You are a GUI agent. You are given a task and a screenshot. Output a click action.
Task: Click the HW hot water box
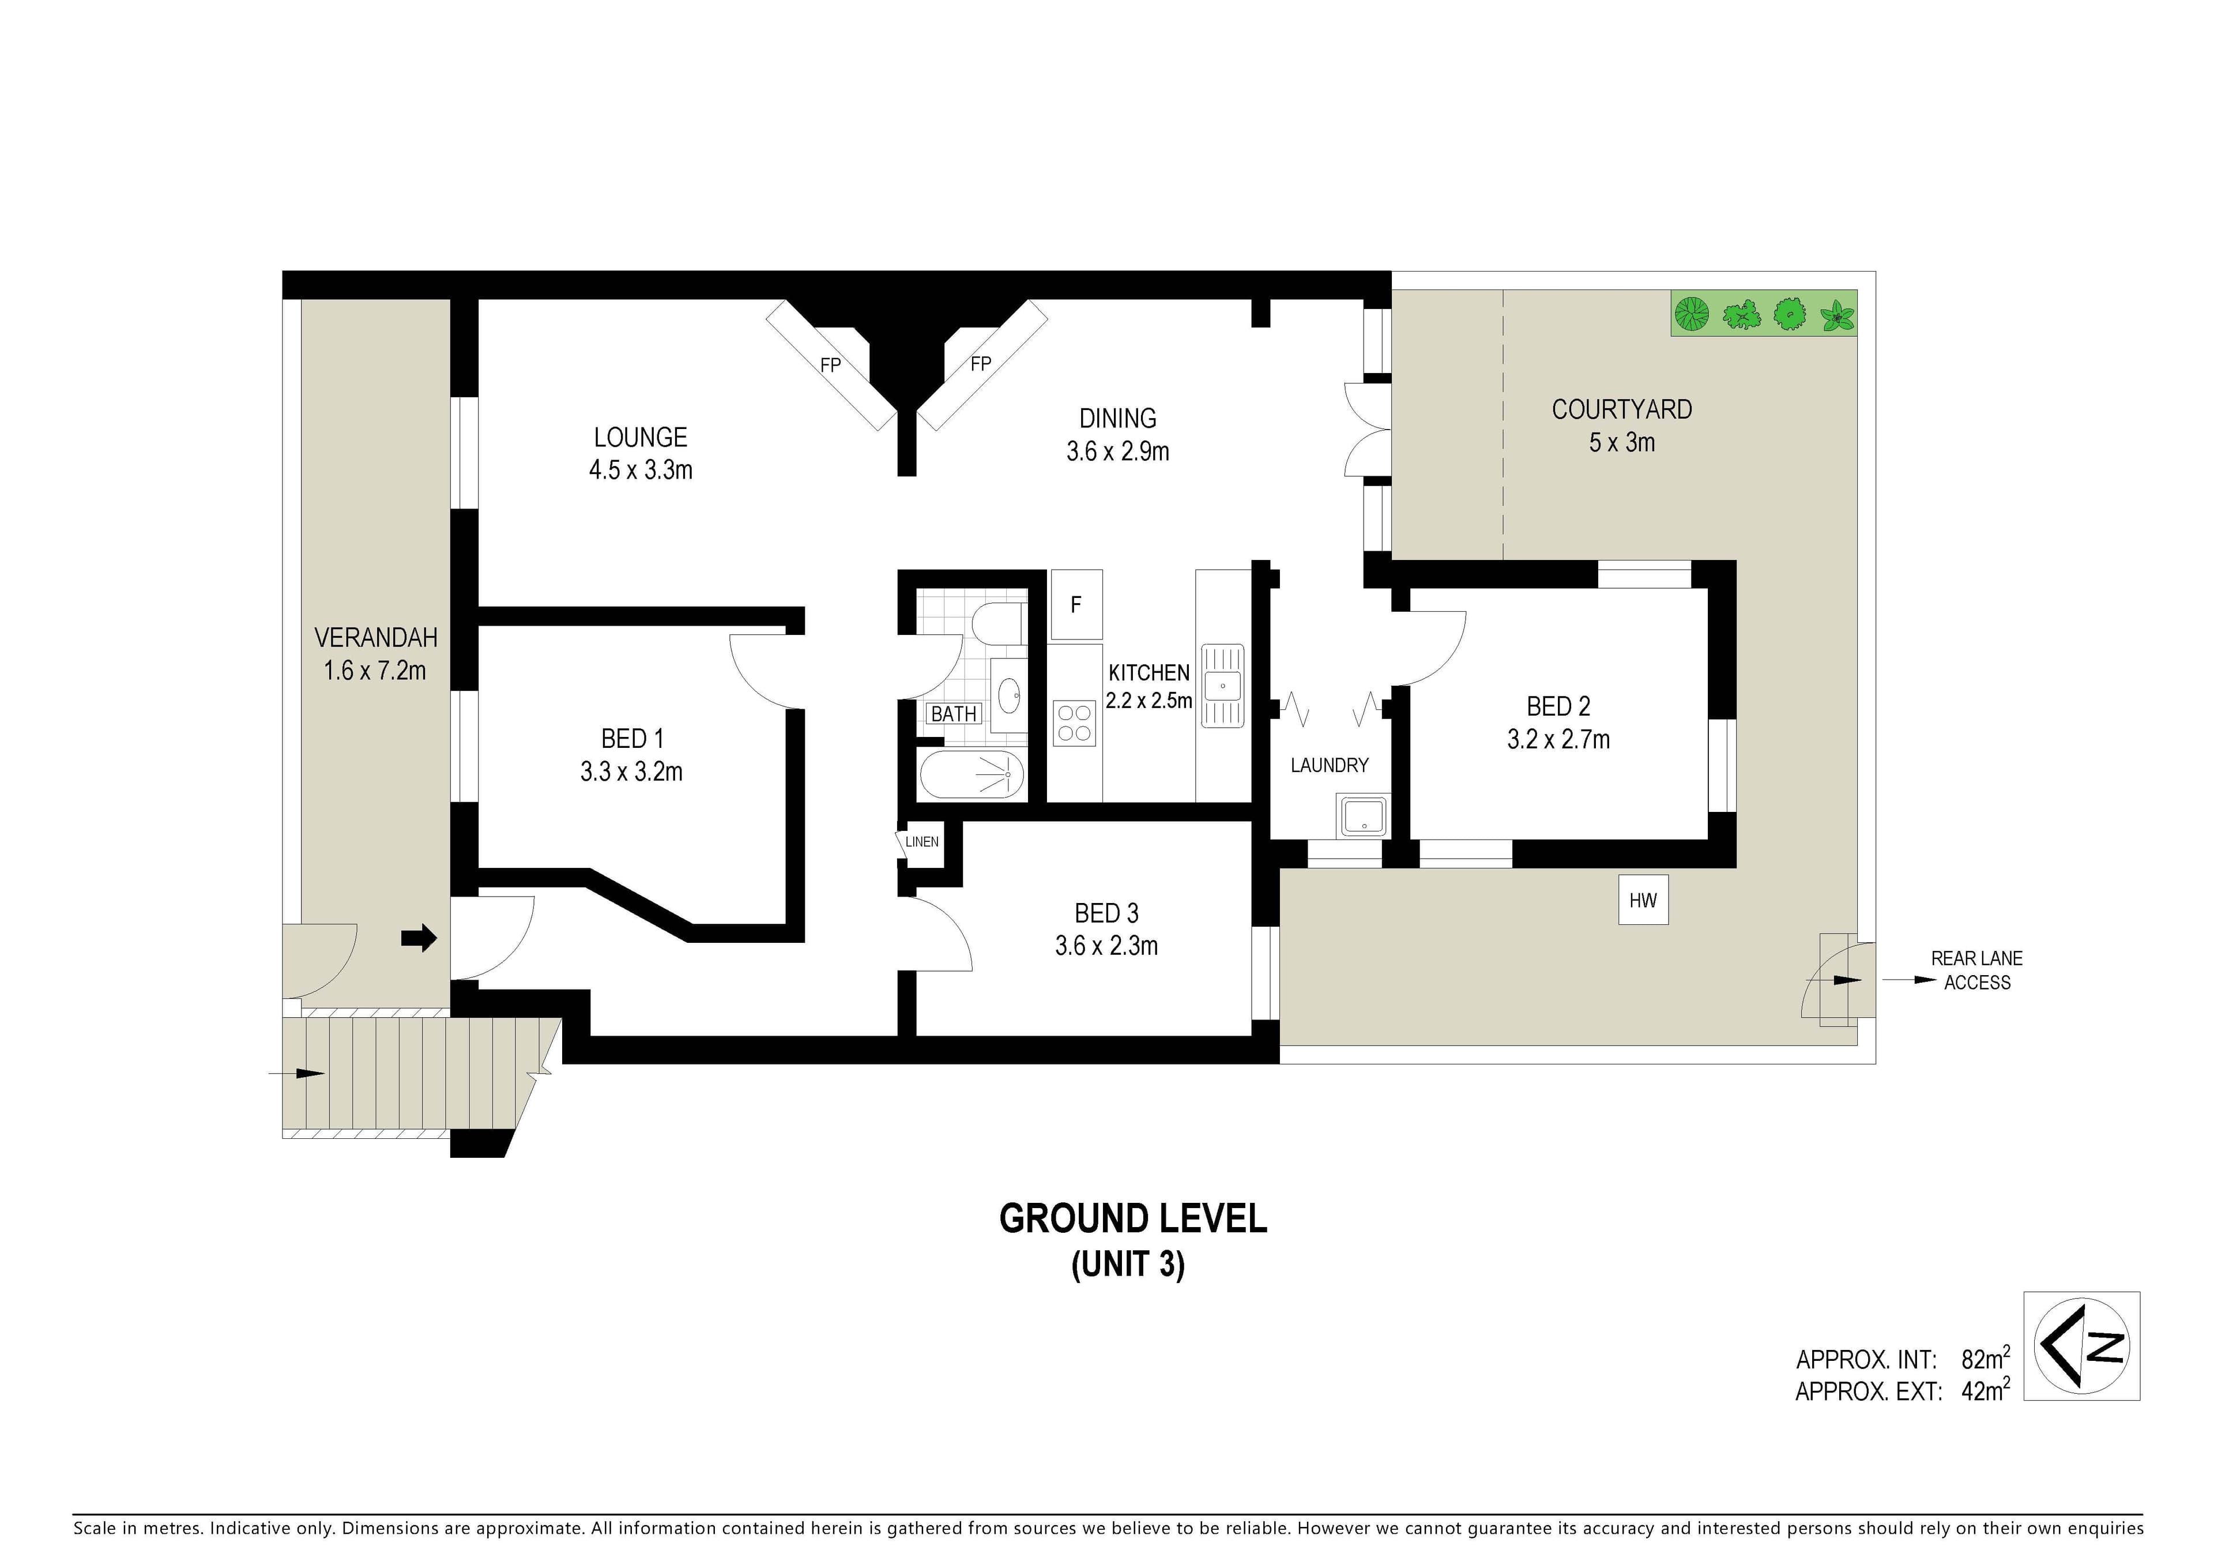(x=1643, y=900)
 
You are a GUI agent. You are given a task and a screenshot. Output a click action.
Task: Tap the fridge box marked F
(x=1076, y=604)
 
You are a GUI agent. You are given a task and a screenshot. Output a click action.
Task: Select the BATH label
(x=954, y=714)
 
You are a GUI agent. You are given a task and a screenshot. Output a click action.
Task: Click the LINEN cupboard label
(x=922, y=842)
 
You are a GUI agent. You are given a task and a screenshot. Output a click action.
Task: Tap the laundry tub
(x=1362, y=816)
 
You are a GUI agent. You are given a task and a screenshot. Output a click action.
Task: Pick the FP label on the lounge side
(x=830, y=366)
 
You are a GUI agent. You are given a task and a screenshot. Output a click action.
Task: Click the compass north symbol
(x=2082, y=1345)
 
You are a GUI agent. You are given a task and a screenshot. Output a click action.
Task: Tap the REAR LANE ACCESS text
(x=1977, y=970)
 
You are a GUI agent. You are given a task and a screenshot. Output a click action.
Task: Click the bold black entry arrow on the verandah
(x=419, y=937)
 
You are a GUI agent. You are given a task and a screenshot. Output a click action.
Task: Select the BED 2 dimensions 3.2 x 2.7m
(x=1558, y=740)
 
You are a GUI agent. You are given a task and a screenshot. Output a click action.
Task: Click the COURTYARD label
(x=1622, y=410)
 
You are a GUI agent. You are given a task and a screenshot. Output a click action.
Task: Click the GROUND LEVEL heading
(x=1133, y=1220)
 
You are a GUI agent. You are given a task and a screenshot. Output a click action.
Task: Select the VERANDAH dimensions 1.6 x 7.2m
(x=375, y=670)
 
